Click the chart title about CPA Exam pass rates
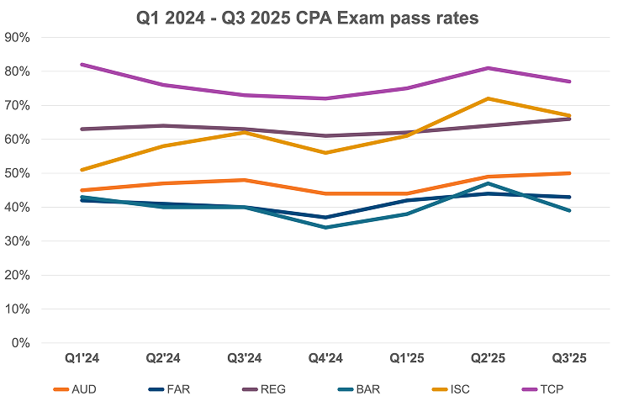pos(309,16)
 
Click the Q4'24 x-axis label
pos(325,359)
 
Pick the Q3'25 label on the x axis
pos(568,359)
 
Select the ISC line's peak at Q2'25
pos(488,98)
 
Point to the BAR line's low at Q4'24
pos(325,227)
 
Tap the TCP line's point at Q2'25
pos(488,68)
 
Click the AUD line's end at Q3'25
pos(569,173)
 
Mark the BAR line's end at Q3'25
pos(569,210)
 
